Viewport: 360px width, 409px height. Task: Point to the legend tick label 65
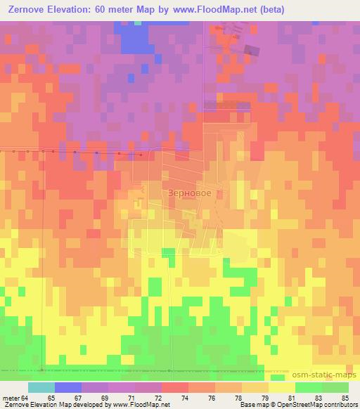click(51, 398)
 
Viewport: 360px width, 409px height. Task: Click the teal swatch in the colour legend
click(41, 387)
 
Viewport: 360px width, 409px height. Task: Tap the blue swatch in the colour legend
click(68, 387)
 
